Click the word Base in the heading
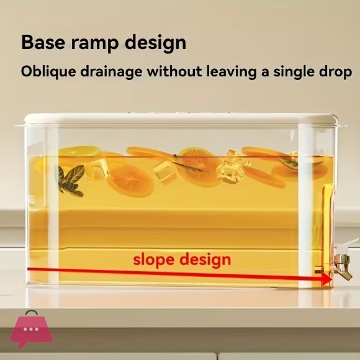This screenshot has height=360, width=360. click(x=43, y=42)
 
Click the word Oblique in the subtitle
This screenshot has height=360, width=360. click(x=48, y=71)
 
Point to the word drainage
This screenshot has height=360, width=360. click(x=111, y=72)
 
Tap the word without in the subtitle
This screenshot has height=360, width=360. click(x=174, y=71)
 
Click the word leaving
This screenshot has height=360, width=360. click(x=231, y=72)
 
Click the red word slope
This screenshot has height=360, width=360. click(x=153, y=259)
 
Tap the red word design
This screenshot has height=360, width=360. click(x=205, y=259)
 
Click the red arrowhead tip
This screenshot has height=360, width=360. click(x=332, y=279)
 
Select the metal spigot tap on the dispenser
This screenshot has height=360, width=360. click(x=343, y=266)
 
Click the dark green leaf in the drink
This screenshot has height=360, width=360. click(x=71, y=181)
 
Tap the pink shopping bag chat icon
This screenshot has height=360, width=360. click(x=31, y=329)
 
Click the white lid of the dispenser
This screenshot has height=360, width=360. click(x=181, y=119)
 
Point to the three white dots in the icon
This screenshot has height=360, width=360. click(x=31, y=329)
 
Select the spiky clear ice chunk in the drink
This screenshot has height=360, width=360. click(x=233, y=166)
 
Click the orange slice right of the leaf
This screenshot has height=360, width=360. click(x=130, y=181)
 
